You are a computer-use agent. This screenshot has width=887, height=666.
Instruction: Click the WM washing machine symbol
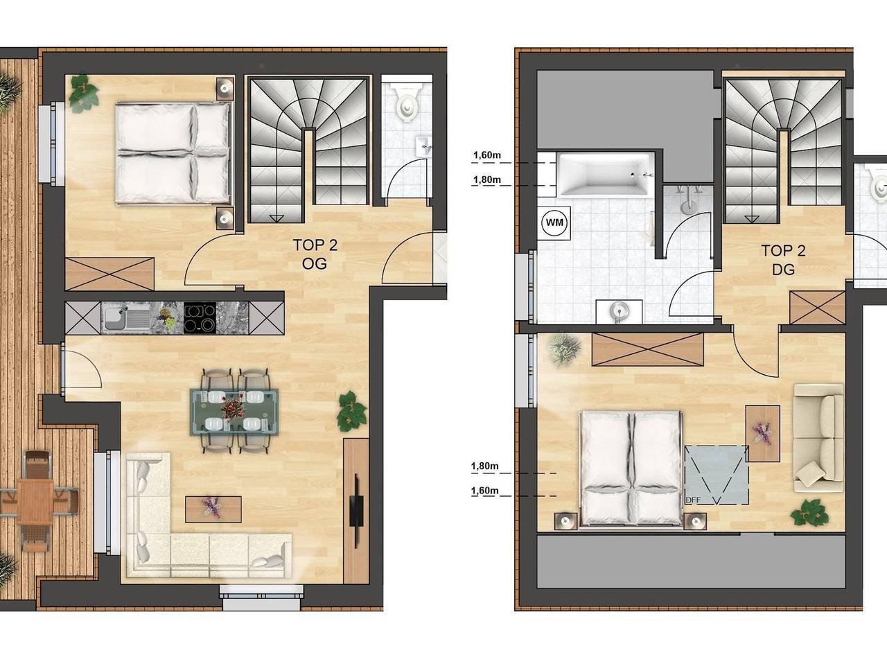[x=555, y=222]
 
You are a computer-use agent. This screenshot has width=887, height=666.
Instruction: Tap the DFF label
[x=693, y=500]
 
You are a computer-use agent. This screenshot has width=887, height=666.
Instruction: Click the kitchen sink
[x=126, y=319]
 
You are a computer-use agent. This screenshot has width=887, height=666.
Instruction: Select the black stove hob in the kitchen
[x=200, y=319]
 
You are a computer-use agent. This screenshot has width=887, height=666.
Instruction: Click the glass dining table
[x=234, y=411]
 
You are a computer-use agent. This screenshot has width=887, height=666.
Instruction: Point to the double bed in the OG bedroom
[x=173, y=152]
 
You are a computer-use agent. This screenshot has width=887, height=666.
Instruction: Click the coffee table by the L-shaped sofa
[x=213, y=508]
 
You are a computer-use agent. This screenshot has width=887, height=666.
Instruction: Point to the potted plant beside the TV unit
[x=351, y=410]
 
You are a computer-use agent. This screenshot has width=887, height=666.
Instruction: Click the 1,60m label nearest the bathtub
[x=486, y=155]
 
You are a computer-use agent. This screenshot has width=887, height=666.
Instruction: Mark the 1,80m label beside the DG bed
[x=485, y=466]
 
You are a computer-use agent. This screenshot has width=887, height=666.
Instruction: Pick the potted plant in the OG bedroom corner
[x=83, y=92]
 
